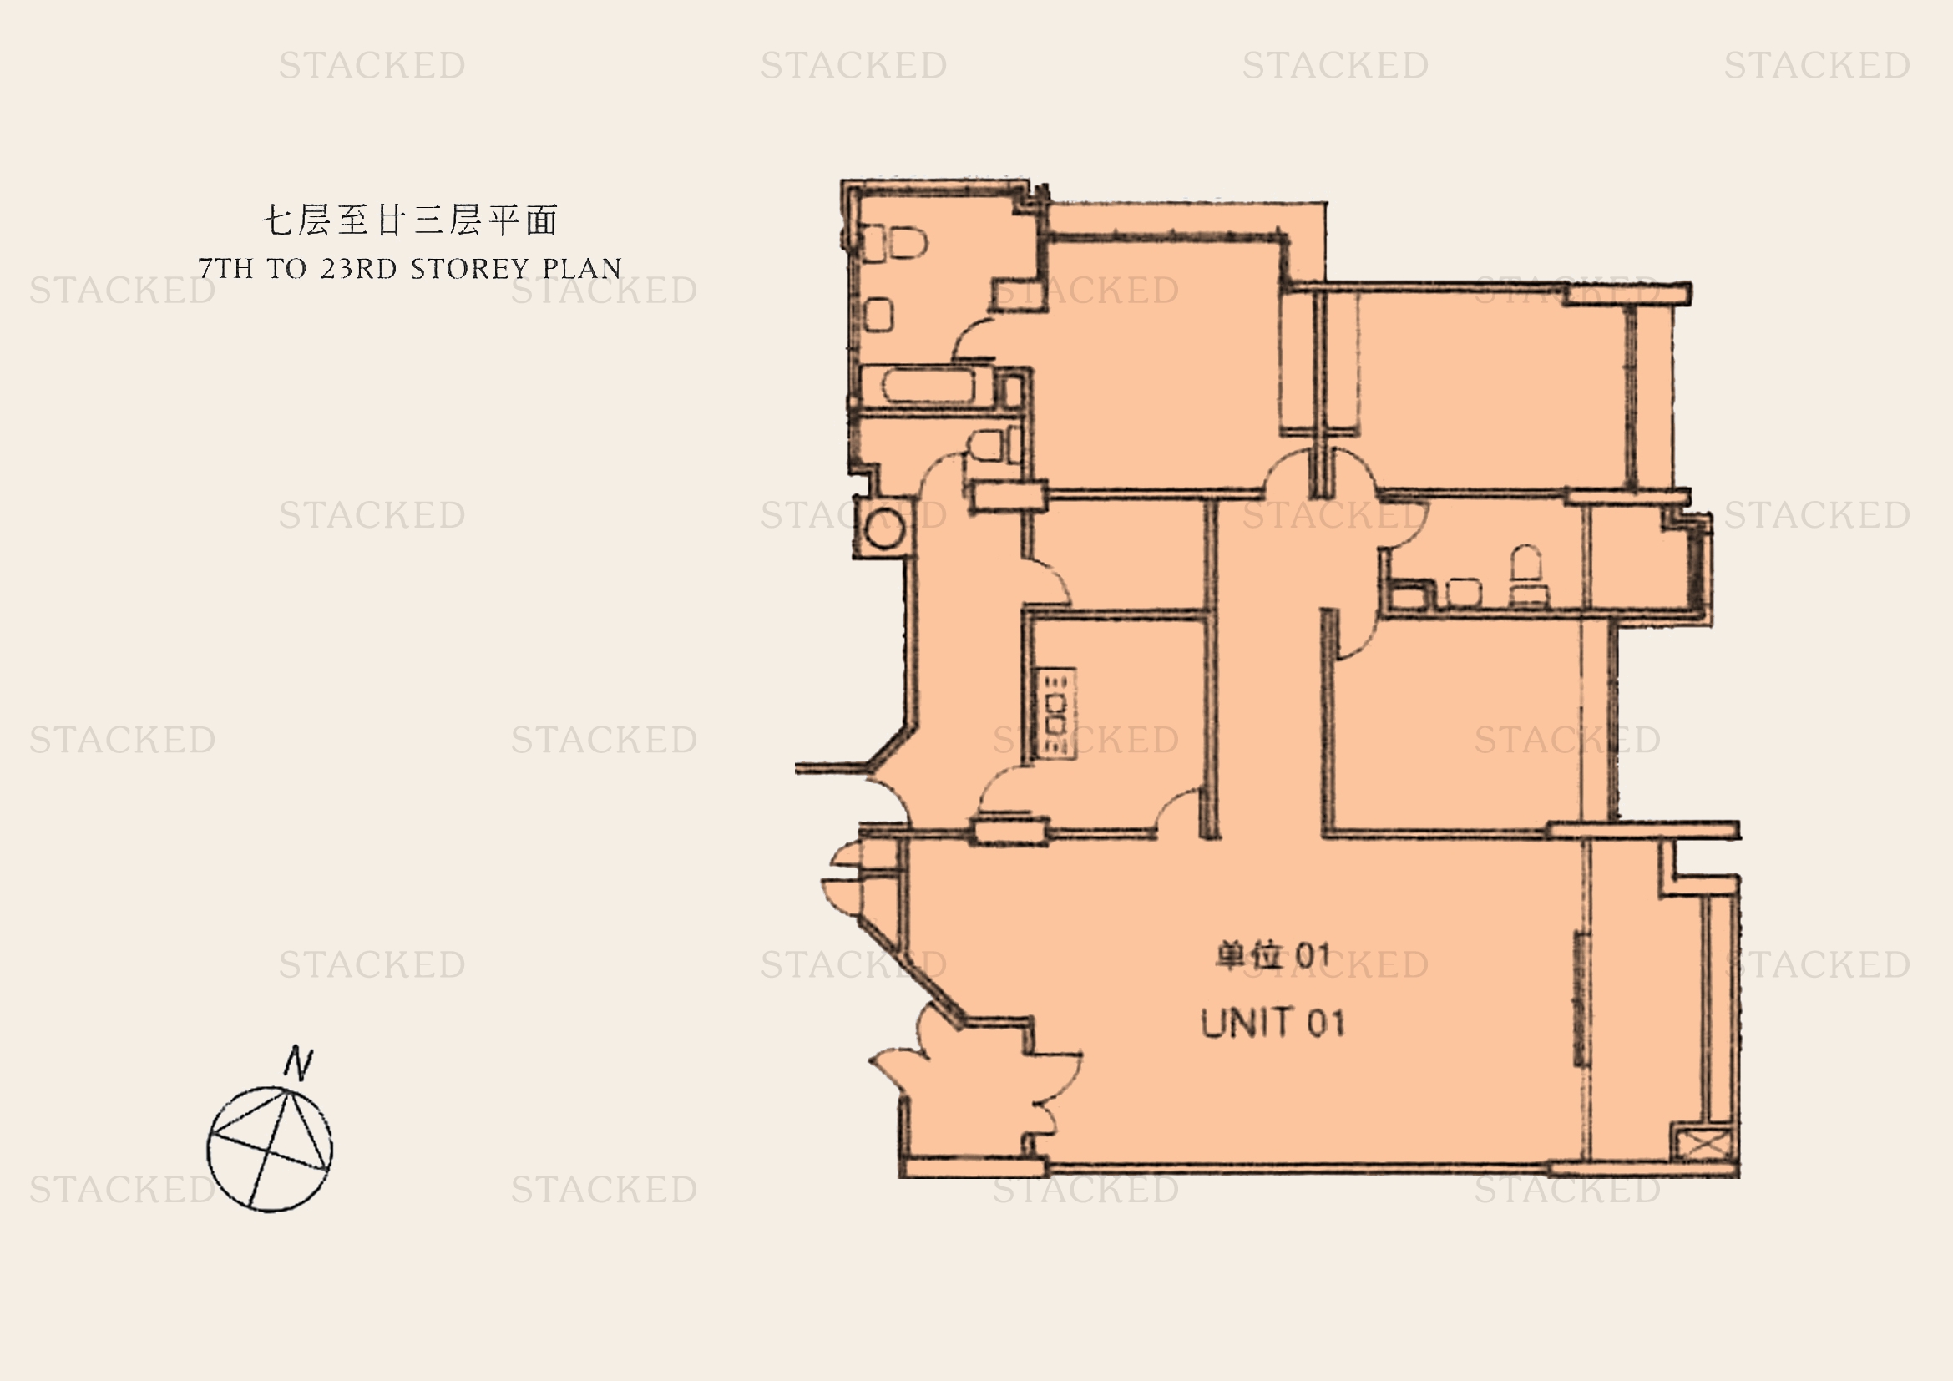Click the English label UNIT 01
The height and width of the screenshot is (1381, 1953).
[1272, 1023]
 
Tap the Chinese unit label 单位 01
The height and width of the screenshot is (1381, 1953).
[1272, 956]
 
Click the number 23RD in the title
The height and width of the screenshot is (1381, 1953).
[359, 269]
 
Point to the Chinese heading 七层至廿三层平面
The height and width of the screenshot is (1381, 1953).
[410, 220]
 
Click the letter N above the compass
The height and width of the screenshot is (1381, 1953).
[299, 1063]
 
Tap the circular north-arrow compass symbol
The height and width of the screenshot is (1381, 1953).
[270, 1149]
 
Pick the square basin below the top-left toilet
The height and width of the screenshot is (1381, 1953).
[878, 315]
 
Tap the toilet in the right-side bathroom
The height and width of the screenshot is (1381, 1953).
[1528, 574]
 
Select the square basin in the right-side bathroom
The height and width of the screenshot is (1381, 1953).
[1463, 593]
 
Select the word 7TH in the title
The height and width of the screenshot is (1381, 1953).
[226, 269]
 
